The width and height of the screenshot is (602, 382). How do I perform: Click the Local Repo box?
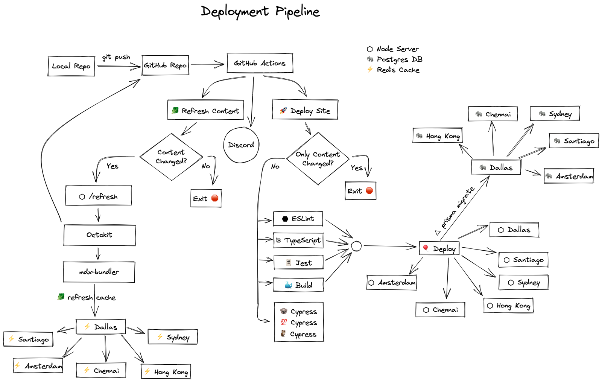(71, 66)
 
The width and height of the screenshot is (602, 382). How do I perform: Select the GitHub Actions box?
(260, 63)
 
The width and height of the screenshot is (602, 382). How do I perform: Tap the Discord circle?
(241, 145)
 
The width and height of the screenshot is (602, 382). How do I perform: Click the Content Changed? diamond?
(171, 157)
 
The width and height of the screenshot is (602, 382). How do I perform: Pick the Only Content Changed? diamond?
(318, 158)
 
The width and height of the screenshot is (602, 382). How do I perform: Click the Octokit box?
(99, 235)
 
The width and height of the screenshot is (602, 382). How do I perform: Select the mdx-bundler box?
(99, 272)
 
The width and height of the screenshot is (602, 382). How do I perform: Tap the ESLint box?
(298, 219)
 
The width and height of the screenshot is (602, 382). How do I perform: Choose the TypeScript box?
(298, 240)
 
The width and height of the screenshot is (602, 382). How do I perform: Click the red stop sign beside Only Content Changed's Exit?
(369, 190)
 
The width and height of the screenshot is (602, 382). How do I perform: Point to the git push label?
(116, 57)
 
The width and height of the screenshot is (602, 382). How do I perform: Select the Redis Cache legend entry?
(393, 70)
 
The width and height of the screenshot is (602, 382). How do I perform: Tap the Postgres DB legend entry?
(395, 59)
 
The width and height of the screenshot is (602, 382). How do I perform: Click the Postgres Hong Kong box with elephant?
(438, 135)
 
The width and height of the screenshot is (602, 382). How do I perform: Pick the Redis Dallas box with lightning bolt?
(101, 327)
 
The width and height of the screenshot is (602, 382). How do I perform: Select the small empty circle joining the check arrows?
(356, 246)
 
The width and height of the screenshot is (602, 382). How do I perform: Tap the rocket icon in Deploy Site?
(283, 110)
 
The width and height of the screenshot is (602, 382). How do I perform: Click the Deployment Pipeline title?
(260, 12)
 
